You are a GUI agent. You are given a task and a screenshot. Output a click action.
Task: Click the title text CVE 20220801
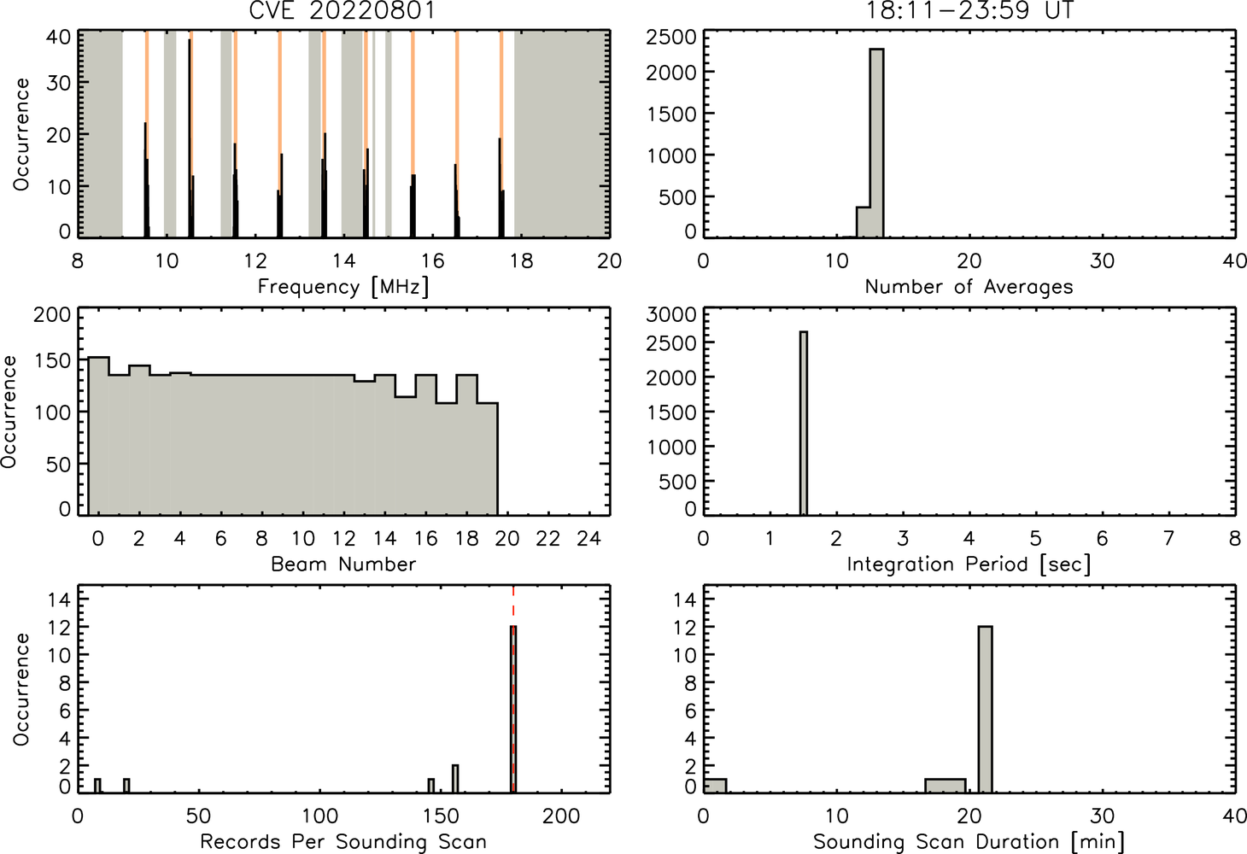pyautogui.click(x=342, y=10)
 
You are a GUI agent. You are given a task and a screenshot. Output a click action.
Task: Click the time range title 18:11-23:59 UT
pyautogui.click(x=969, y=10)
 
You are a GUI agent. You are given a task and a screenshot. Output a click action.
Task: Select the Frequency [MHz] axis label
pyautogui.click(x=343, y=287)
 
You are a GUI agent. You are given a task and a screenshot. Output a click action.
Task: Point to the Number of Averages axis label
pyautogui.click(x=969, y=287)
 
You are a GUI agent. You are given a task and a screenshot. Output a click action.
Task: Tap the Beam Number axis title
pyautogui.click(x=343, y=564)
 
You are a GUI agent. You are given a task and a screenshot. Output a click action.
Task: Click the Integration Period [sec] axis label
pyautogui.click(x=969, y=564)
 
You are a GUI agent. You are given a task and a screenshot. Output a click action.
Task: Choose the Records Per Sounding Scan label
pyautogui.click(x=343, y=841)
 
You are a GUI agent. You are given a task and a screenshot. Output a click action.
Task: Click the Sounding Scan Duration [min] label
pyautogui.click(x=969, y=841)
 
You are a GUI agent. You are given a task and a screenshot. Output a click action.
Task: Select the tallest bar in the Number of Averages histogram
pyautogui.click(x=877, y=143)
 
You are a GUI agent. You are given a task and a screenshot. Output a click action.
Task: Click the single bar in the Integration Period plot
pyautogui.click(x=804, y=423)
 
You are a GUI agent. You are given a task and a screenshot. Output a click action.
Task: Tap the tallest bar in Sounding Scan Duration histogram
pyautogui.click(x=985, y=710)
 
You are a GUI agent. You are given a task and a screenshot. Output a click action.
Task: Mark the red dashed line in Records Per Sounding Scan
pyautogui.click(x=513, y=689)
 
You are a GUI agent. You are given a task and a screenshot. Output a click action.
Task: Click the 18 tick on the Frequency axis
pyautogui.click(x=522, y=260)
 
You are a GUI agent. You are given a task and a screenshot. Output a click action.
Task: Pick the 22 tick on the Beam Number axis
pyautogui.click(x=548, y=538)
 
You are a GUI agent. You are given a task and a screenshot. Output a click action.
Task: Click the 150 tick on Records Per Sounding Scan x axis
pyautogui.click(x=441, y=816)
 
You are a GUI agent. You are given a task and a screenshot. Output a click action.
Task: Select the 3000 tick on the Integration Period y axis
pyautogui.click(x=671, y=314)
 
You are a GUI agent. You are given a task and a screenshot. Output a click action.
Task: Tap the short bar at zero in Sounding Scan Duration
pyautogui.click(x=716, y=786)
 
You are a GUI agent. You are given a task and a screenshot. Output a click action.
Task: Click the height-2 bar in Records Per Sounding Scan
pyautogui.click(x=455, y=779)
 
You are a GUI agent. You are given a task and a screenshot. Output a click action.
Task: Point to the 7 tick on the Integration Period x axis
pyautogui.click(x=1168, y=538)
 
